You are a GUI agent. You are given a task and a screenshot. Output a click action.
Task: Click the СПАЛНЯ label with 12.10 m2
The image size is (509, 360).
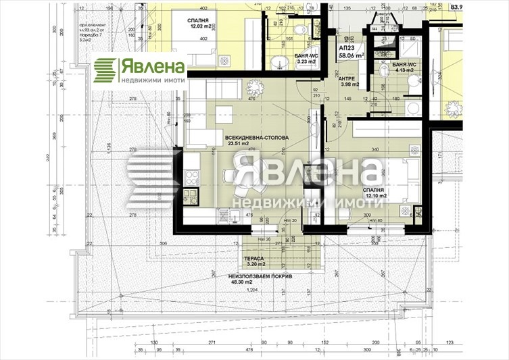[x=373, y=190]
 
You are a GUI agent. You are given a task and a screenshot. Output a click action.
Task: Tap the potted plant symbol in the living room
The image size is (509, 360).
[x=254, y=87]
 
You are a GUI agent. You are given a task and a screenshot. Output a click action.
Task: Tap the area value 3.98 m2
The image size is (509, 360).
[x=349, y=84]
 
